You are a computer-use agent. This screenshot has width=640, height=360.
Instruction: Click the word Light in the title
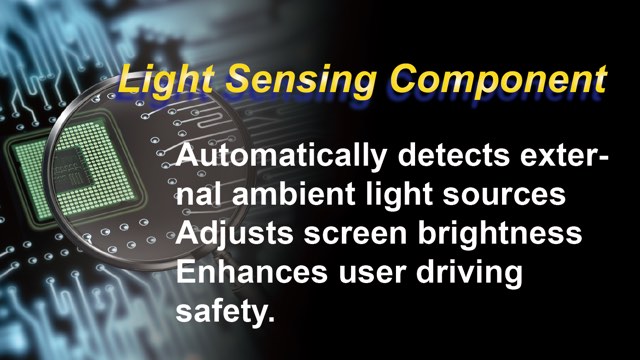(166, 80)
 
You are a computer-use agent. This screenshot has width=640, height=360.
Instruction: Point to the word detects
(454, 156)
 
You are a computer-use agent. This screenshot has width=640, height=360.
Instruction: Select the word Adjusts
(235, 234)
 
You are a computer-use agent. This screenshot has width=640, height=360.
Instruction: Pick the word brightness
(500, 234)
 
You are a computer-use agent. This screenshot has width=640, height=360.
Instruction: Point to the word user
(371, 274)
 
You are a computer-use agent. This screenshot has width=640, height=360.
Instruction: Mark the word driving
(469, 273)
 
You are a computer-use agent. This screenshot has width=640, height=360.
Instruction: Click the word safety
(220, 311)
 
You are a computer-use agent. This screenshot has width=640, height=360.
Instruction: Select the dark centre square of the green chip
(72, 169)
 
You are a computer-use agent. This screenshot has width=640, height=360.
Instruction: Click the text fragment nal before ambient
(199, 194)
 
